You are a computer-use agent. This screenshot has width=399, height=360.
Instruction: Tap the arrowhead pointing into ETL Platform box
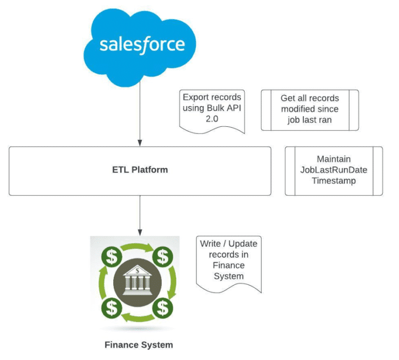(140, 142)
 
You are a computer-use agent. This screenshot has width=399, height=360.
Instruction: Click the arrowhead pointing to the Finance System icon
(140, 231)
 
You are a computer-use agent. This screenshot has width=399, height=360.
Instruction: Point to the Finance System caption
(138, 344)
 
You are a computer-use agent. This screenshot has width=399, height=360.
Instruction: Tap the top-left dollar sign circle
(112, 256)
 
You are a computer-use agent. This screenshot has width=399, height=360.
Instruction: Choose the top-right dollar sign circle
(163, 256)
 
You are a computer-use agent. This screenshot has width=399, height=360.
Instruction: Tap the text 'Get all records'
(310, 98)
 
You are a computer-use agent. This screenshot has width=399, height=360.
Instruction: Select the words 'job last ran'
(310, 119)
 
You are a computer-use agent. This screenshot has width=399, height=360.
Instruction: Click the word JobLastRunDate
(334, 169)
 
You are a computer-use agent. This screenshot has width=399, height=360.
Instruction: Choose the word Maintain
(334, 159)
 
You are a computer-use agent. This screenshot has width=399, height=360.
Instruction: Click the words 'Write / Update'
(229, 244)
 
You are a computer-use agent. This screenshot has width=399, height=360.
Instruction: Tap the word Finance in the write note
(229, 265)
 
